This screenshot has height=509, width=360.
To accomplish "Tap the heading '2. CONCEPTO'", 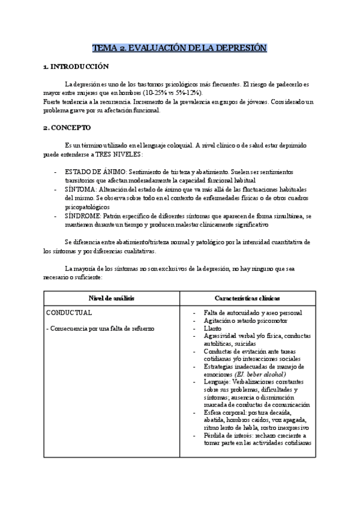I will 67,128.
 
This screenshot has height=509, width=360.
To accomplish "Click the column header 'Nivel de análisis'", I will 112,298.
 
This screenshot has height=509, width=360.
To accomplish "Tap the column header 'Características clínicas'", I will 246,298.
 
